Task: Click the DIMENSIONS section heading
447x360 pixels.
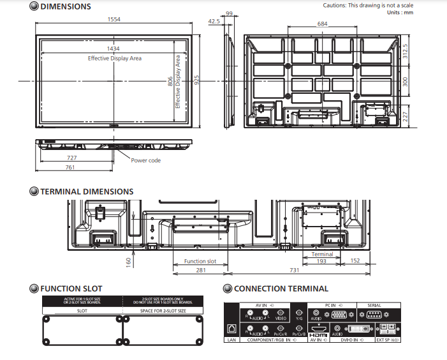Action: (x=65, y=7)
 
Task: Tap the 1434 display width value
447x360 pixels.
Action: (x=114, y=49)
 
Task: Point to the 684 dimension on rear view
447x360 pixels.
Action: (x=323, y=24)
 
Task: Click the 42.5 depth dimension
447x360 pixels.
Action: (x=214, y=21)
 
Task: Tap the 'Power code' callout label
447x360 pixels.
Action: (x=146, y=160)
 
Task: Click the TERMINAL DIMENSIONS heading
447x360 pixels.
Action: (x=87, y=191)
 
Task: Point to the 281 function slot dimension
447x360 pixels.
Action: (x=200, y=270)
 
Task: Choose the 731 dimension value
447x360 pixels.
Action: (x=295, y=270)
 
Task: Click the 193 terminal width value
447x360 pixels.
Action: (x=322, y=261)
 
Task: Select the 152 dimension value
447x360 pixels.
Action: (x=355, y=260)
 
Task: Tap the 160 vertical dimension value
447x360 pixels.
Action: (x=128, y=261)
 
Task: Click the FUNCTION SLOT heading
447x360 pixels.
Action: (x=71, y=289)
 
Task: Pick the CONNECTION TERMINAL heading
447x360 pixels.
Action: (x=281, y=289)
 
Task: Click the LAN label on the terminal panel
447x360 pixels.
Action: (x=231, y=340)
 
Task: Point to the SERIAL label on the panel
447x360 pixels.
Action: (x=374, y=306)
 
